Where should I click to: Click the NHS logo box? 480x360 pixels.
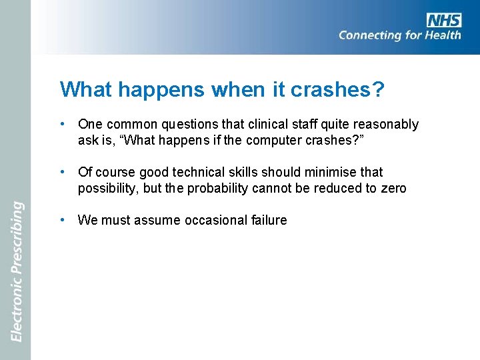445,19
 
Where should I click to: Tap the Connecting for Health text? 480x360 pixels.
399,35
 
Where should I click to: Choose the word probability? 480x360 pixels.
217,188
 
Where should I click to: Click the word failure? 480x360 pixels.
269,220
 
